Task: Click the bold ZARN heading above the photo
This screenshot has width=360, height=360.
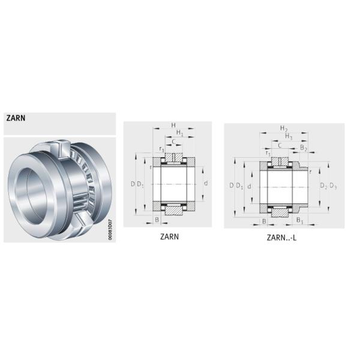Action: point(16,118)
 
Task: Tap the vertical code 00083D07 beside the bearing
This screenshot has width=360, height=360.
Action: point(110,230)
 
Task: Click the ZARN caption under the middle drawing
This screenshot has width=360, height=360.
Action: point(169,237)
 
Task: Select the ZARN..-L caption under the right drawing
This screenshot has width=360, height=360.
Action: point(281,238)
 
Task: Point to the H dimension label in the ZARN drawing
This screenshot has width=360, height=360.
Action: point(173,125)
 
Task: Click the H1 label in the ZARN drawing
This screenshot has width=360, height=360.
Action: point(180,133)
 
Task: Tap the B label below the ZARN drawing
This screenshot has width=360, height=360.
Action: point(157,220)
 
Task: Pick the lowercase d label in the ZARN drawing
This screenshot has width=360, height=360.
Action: point(206,183)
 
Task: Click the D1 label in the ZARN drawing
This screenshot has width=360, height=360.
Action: point(140,184)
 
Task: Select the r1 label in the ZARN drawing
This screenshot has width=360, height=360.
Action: point(162,149)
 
